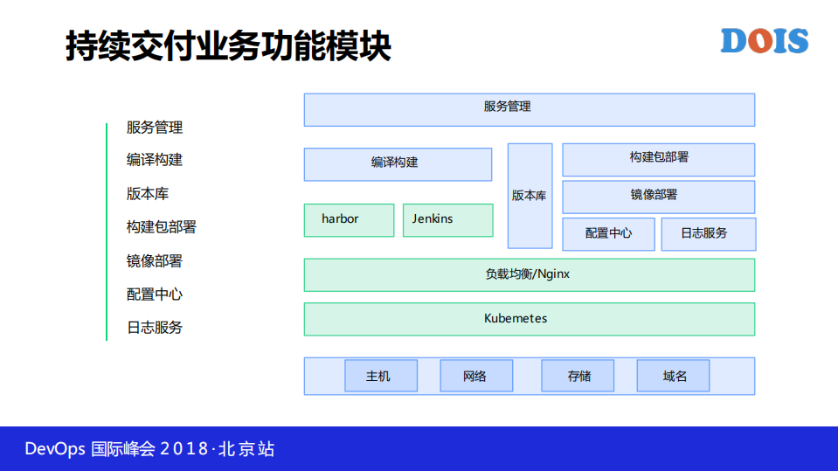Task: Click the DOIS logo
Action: [x=765, y=41]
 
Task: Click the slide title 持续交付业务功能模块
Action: [x=228, y=46]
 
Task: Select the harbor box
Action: [x=349, y=219]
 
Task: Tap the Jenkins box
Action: [x=447, y=219]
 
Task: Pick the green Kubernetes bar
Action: [x=529, y=319]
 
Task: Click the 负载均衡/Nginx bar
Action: [x=529, y=274]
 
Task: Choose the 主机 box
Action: [x=381, y=376]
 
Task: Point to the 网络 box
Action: [x=476, y=376]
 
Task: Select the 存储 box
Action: [x=578, y=376]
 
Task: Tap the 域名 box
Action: [x=673, y=376]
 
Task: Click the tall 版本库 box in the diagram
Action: [x=530, y=196]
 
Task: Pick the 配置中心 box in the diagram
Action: [x=608, y=234]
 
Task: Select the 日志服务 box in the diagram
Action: [x=708, y=234]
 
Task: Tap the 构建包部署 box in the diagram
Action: [x=658, y=159]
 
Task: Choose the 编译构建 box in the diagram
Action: [x=398, y=163]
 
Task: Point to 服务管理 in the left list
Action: [x=155, y=128]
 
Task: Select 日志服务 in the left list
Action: [x=155, y=328]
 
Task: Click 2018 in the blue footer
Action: [x=185, y=449]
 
